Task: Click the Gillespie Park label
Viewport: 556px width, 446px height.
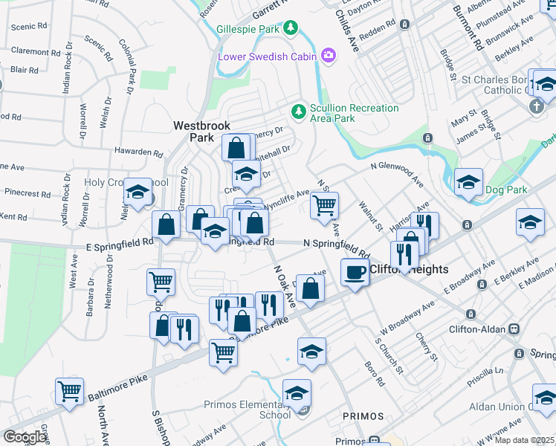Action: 248,29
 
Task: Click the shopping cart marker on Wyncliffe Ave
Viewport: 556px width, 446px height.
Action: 324,204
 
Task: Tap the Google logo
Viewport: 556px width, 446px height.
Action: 25,437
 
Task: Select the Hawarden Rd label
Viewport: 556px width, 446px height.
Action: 138,152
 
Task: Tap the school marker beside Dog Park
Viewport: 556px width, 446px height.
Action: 468,181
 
